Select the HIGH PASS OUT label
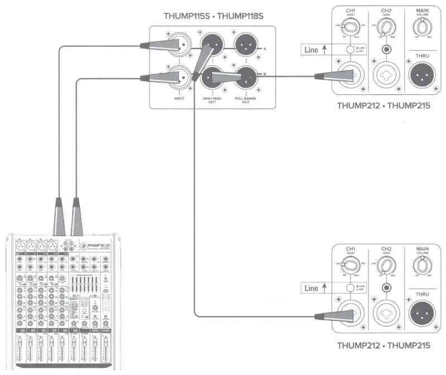pyautogui.click(x=212, y=100)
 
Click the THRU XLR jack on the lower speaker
pyautogui.click(x=422, y=315)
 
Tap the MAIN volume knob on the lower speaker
pyautogui.click(x=422, y=267)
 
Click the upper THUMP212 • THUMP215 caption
pyautogui.click(x=383, y=106)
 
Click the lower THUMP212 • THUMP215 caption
pyautogui.click(x=383, y=345)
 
